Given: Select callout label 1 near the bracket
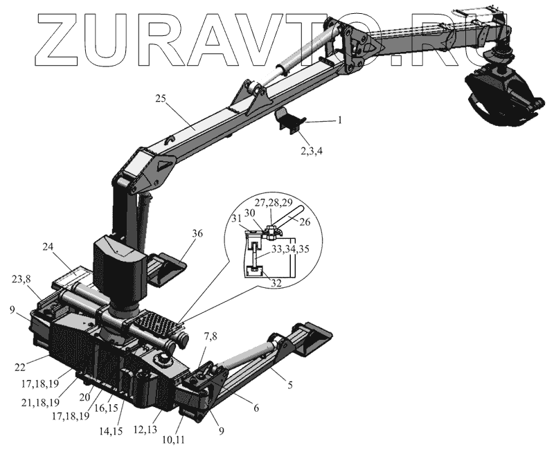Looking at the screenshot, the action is pos(339,120).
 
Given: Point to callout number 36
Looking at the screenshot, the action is pos(197,234).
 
